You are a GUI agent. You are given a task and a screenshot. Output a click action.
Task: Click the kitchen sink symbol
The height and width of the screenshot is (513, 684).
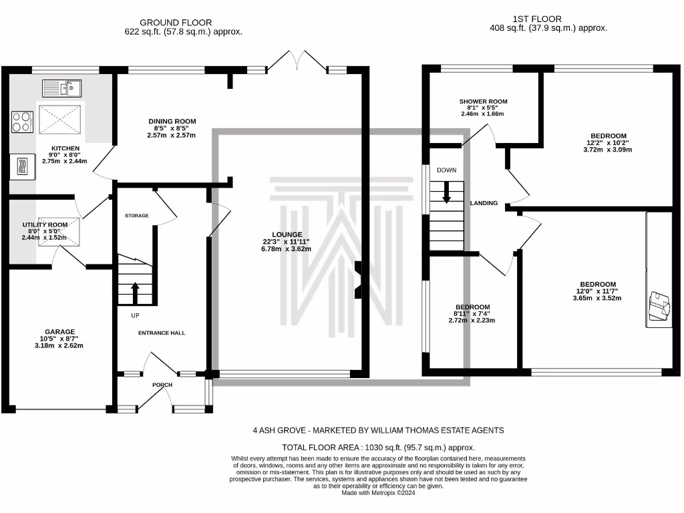(x=61, y=89)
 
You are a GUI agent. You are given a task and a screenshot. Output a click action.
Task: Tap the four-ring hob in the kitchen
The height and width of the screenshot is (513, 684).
(x=22, y=122)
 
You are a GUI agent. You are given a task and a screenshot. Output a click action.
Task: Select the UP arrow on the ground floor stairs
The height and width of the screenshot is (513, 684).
(x=135, y=293)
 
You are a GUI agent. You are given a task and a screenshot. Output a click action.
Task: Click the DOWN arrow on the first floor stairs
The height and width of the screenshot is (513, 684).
(x=446, y=192)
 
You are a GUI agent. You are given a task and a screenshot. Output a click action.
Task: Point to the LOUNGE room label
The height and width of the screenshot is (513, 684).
(x=287, y=234)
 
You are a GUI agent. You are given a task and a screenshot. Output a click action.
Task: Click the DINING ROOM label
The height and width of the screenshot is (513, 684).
(x=172, y=122)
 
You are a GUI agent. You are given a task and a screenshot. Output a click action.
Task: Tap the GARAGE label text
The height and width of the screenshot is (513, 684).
(x=59, y=331)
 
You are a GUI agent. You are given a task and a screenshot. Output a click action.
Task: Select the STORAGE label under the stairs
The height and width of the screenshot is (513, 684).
(x=136, y=216)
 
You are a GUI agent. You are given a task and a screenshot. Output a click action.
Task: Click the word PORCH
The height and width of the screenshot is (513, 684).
(x=162, y=385)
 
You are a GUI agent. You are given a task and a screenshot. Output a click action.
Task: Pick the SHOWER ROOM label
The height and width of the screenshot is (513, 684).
(x=484, y=102)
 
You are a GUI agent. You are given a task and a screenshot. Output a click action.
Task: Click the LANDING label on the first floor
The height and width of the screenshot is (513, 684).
(x=484, y=203)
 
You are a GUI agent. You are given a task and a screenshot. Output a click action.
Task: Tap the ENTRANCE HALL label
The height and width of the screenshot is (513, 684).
(x=162, y=333)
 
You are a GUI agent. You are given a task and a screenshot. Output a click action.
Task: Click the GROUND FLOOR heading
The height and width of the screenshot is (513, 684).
(x=176, y=22)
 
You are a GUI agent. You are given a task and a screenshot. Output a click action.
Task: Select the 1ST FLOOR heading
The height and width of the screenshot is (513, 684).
(x=537, y=19)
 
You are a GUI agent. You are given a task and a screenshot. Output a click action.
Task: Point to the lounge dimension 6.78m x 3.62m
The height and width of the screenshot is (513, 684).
(x=286, y=249)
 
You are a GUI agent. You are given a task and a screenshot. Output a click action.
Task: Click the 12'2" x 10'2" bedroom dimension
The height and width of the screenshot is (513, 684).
(x=608, y=143)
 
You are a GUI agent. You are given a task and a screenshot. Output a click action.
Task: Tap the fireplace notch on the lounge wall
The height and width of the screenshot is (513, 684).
(x=358, y=280)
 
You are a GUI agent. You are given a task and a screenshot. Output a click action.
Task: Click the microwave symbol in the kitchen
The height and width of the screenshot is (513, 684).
(x=23, y=166)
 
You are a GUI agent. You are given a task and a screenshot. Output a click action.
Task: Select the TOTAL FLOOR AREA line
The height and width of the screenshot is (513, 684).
(x=378, y=448)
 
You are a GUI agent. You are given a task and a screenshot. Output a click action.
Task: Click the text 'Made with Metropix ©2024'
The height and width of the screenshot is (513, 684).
(x=378, y=493)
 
